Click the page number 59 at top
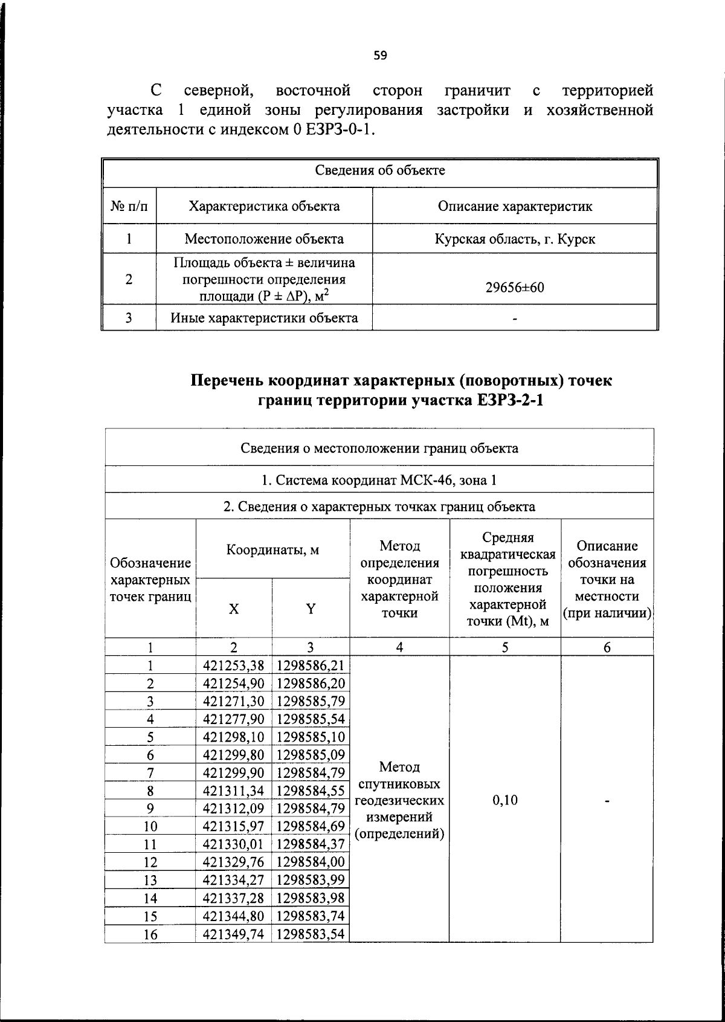pos(380,56)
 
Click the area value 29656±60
pos(515,288)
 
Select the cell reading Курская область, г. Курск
pos(515,239)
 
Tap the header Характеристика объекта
pos(264,206)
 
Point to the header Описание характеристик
pos(515,206)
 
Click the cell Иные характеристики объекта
pos(264,318)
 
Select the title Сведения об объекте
pos(380,170)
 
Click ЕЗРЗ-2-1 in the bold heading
pos(506,401)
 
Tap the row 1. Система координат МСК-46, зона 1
pos(379,480)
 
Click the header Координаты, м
pos(272,550)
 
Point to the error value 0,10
pos(505,800)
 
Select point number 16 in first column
pos(150,935)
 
